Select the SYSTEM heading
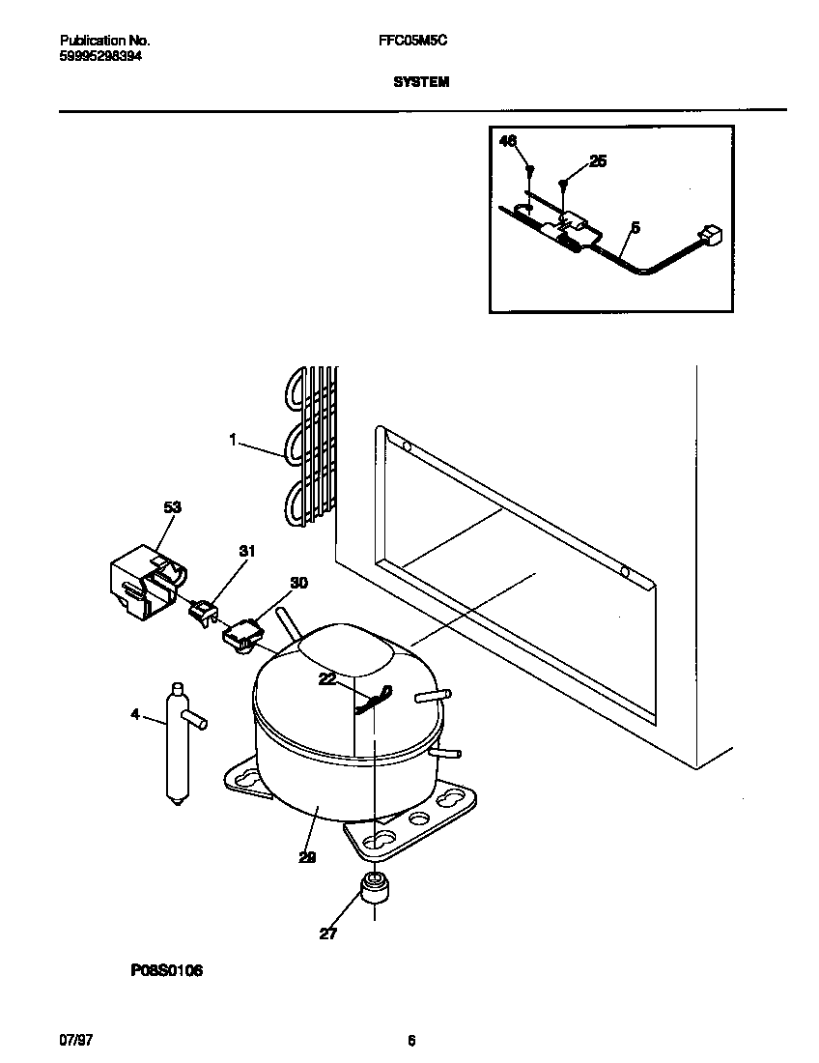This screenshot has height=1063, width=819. coord(421,83)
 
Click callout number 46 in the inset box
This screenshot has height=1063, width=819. coord(508,141)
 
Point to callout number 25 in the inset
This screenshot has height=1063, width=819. coord(598,161)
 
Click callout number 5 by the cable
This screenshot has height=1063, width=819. coord(635,228)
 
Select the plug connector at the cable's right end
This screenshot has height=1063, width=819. coord(713,235)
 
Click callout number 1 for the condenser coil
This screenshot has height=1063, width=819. coord(233,440)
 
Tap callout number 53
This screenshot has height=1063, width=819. coord(172,506)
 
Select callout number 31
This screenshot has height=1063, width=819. coord(246,551)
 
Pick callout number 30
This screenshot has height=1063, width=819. coord(298,583)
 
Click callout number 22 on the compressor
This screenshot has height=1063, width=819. coord(328,680)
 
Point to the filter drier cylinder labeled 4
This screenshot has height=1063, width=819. coord(176,741)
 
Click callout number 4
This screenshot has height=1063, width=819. coord(135,714)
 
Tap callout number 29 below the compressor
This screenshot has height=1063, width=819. coord(307,856)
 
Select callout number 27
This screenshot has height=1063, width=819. coord(328,934)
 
